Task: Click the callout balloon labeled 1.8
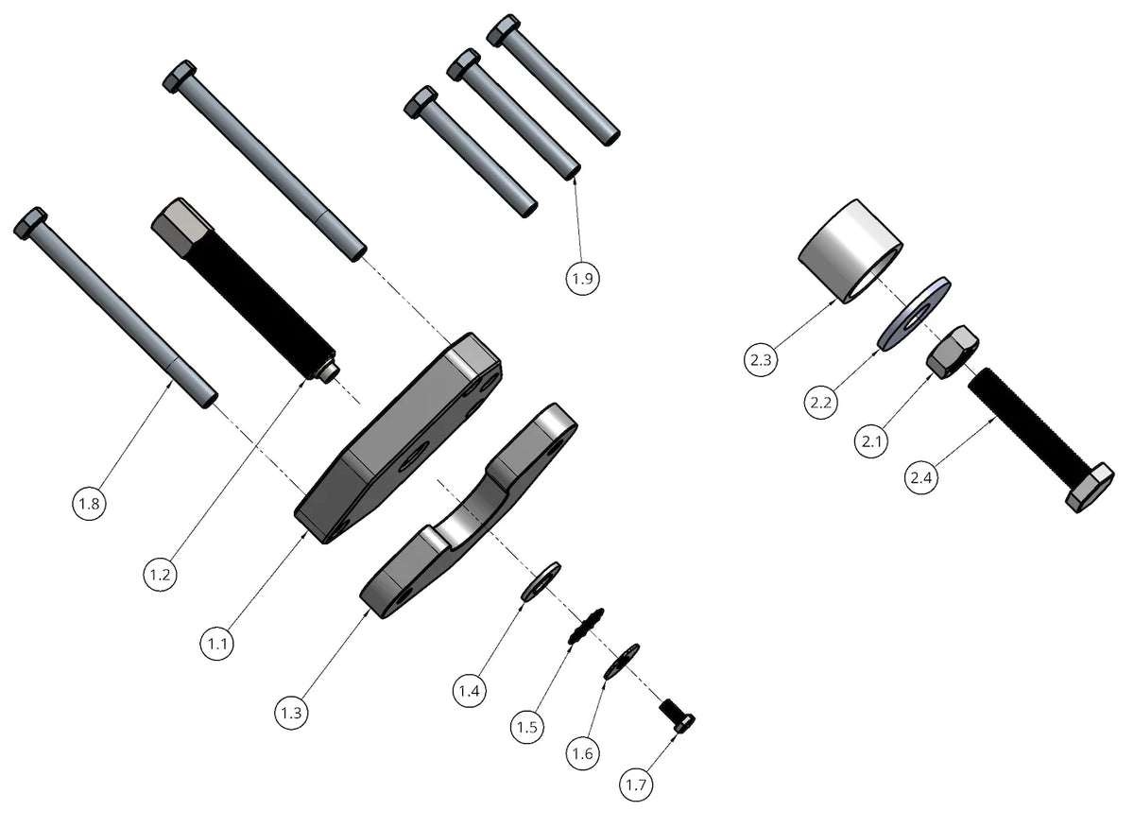[x=89, y=504]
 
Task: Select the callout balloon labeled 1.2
[x=160, y=574]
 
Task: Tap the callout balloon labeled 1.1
[x=217, y=644]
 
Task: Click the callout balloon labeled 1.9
[x=584, y=279]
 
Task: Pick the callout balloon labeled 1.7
[x=636, y=784]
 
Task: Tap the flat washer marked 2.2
[x=914, y=313]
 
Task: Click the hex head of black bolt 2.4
[x=1090, y=489]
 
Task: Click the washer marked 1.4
[x=541, y=581]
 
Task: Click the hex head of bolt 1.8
[x=30, y=223]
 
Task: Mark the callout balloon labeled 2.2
[x=821, y=402]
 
